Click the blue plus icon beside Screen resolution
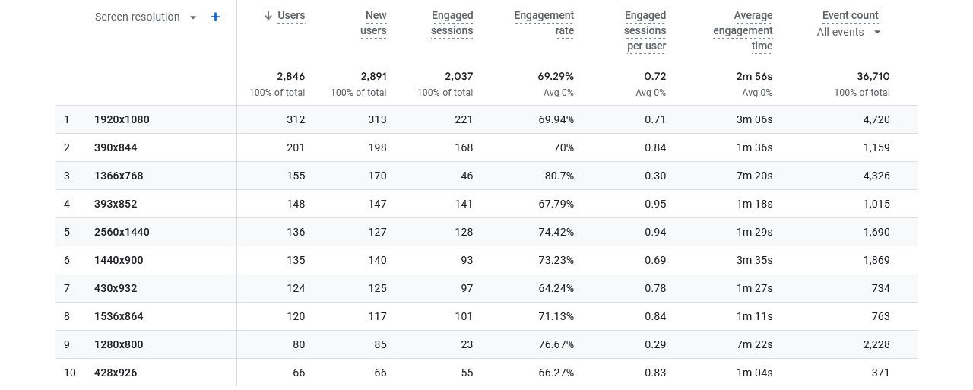pos(216,17)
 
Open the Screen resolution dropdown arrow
pos(193,17)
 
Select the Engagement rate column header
pos(544,23)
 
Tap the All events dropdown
pos(848,32)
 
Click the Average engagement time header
pos(743,30)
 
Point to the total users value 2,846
pos(291,76)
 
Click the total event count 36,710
pos(873,76)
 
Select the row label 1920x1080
pos(122,119)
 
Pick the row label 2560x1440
pos(122,232)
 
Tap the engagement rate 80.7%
pos(557,176)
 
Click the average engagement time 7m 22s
pos(754,344)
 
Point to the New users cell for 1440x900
pos(377,260)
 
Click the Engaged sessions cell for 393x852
pos(463,204)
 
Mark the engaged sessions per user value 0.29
pos(654,344)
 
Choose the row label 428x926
pos(116,373)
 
